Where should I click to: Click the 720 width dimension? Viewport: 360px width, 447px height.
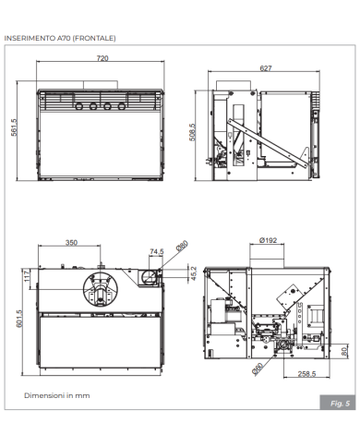tap(102, 59)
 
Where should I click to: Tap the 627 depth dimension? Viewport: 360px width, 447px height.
tap(265, 69)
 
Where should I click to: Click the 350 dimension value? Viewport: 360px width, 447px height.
tap(70, 243)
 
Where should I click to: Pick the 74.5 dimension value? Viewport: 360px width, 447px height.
tap(156, 250)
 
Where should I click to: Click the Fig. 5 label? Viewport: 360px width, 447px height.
tap(340, 404)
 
